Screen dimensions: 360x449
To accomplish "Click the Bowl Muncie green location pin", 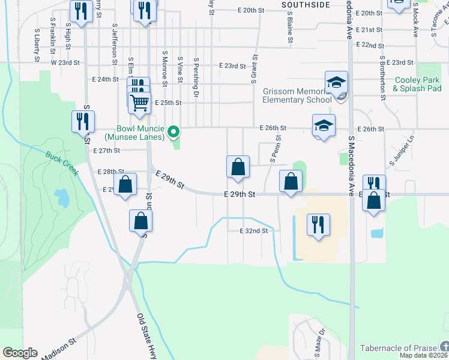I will (173, 131).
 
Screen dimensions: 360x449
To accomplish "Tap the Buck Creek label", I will (62, 163).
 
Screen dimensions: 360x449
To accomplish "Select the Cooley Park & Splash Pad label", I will (417, 84).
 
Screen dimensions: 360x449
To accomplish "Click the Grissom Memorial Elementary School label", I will (297, 96).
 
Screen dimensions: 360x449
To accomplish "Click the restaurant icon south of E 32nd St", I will (318, 225).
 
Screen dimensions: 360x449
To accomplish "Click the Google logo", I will (20, 353).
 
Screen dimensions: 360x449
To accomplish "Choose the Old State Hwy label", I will (147, 336).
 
